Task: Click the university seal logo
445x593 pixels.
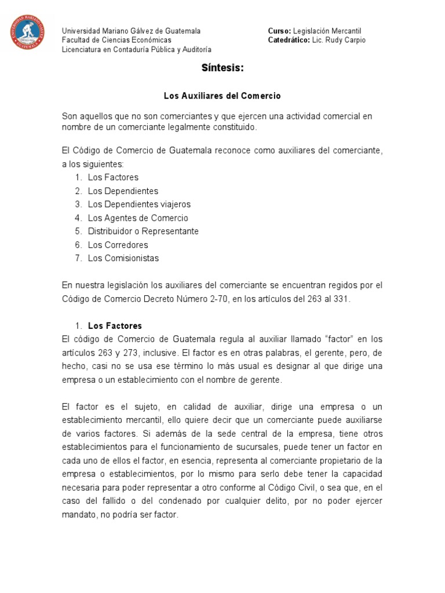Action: [27, 32]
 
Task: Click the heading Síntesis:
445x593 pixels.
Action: [222, 68]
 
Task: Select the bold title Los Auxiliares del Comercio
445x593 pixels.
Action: [222, 95]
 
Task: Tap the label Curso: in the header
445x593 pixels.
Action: [279, 30]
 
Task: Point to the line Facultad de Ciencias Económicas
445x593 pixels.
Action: [116, 40]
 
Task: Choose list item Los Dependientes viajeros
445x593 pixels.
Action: [139, 204]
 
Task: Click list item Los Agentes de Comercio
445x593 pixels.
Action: [138, 218]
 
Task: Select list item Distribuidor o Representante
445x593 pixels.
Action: [143, 232]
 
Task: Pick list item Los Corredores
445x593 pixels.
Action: [118, 245]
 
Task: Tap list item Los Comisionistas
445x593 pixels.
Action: [123, 258]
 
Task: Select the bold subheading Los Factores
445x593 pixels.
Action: [115, 326]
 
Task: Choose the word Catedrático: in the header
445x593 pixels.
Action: [289, 40]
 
